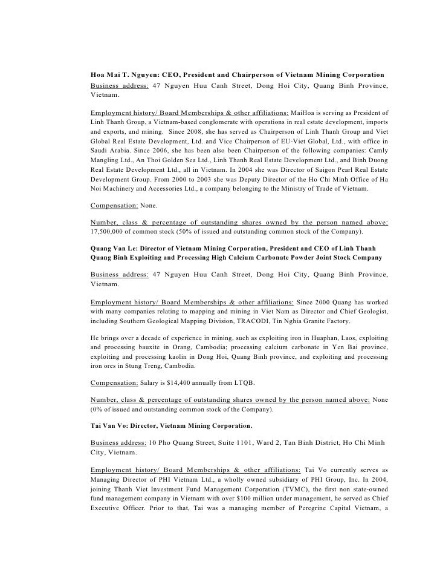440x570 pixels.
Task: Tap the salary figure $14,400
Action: [x=185, y=382]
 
